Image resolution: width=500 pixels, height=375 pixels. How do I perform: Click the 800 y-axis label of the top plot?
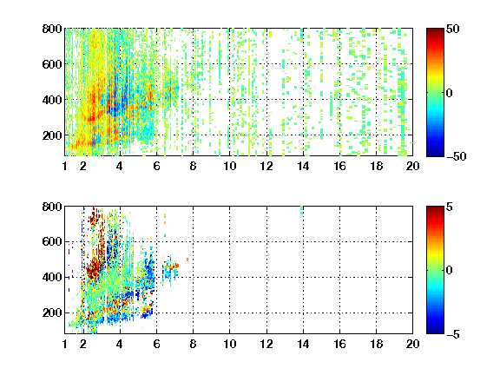pos(52,29)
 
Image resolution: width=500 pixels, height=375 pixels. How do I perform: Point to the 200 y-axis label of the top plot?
pos(52,135)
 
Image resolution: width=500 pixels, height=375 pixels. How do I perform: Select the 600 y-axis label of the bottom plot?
pos(52,241)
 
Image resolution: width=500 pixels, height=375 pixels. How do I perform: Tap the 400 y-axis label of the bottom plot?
pos(52,277)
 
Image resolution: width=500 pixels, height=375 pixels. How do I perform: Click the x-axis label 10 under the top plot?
pos(229,166)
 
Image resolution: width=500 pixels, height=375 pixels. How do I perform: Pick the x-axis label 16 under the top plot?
pos(339,166)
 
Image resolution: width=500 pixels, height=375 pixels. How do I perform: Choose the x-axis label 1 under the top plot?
pos(65,166)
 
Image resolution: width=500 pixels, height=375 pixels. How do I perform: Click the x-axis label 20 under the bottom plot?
pos(412,344)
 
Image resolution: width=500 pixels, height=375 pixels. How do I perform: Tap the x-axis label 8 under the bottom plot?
pos(193,344)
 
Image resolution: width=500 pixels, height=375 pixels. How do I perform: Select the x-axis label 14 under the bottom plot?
pos(303,344)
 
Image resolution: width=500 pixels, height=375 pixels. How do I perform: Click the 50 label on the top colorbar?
pos(453,29)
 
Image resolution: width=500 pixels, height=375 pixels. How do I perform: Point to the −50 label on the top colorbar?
pos(456,156)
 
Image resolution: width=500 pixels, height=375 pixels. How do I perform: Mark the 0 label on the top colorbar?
pos(449,93)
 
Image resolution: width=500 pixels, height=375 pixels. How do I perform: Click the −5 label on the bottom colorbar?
pos(453,334)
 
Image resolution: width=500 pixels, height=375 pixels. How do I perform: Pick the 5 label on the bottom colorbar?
pos(450,207)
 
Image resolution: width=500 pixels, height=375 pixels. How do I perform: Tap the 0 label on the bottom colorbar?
pos(449,271)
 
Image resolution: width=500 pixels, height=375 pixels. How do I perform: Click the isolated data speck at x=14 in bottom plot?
pos(302,211)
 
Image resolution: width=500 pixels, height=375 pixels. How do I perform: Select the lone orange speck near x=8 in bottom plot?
pos(187,260)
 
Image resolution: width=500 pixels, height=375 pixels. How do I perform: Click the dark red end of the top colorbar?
pos(435,31)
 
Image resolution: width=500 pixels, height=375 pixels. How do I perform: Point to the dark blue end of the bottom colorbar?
pos(435,331)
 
